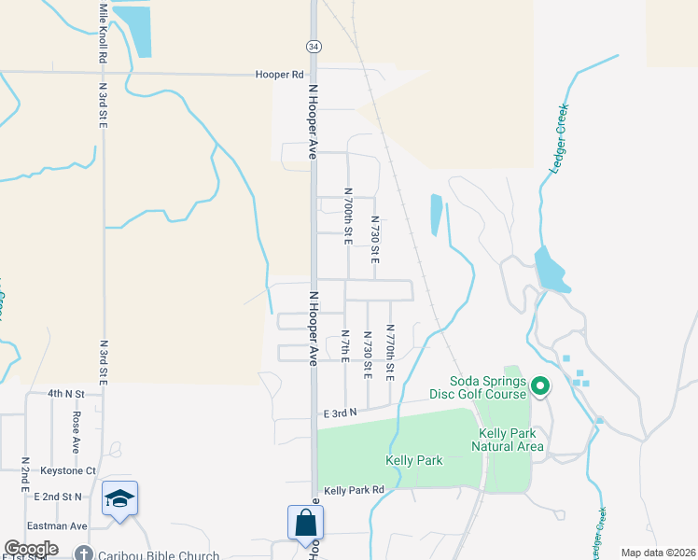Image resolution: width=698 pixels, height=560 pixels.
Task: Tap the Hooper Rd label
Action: [282, 74]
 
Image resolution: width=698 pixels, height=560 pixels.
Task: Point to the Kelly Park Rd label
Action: [354, 490]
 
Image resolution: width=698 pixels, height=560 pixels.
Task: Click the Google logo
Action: [31, 549]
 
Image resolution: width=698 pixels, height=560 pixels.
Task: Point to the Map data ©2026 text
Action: [658, 553]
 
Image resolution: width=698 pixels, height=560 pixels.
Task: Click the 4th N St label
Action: [66, 394]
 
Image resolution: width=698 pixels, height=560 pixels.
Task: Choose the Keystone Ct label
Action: [72, 470]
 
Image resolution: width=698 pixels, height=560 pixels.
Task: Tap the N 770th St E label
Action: [390, 354]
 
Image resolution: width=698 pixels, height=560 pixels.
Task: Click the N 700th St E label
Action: [347, 220]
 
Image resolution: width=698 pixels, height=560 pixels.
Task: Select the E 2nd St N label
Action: [79, 497]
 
